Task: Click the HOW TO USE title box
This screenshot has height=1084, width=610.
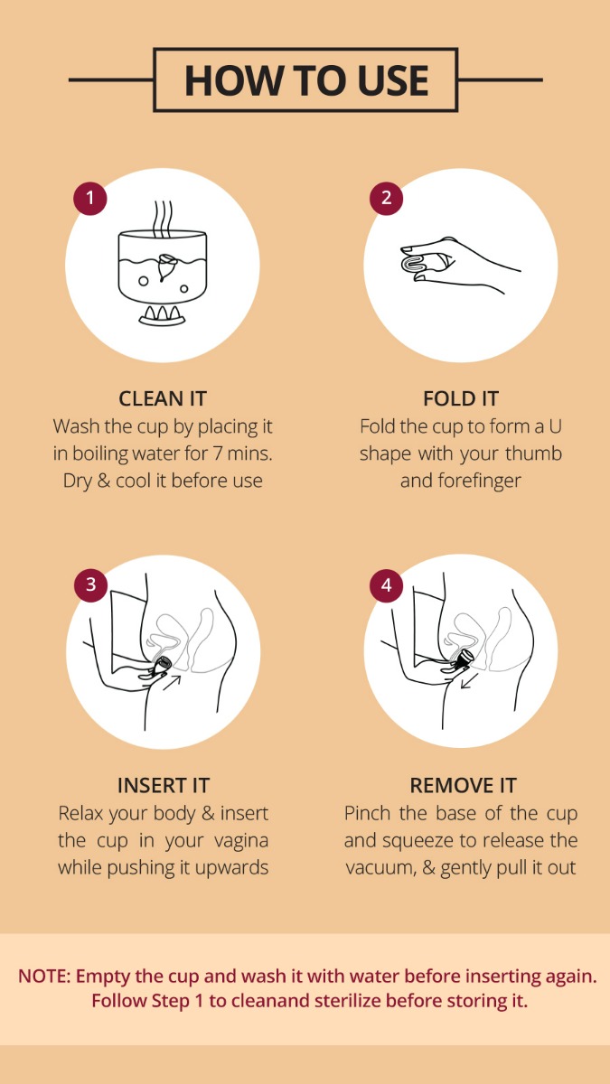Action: (305, 80)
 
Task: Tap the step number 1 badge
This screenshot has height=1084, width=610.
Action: (89, 197)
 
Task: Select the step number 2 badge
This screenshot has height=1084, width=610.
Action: (387, 197)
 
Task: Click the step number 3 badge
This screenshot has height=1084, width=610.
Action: (89, 584)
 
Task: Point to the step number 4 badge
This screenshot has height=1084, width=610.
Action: (387, 584)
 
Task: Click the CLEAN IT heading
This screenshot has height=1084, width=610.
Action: (163, 398)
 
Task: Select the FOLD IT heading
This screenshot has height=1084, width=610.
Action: (460, 398)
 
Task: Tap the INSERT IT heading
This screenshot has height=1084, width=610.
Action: (163, 785)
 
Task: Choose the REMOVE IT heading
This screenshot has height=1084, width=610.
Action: (460, 785)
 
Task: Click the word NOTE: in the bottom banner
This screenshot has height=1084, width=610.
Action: (43, 977)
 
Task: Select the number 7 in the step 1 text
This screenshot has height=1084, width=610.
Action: (223, 453)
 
